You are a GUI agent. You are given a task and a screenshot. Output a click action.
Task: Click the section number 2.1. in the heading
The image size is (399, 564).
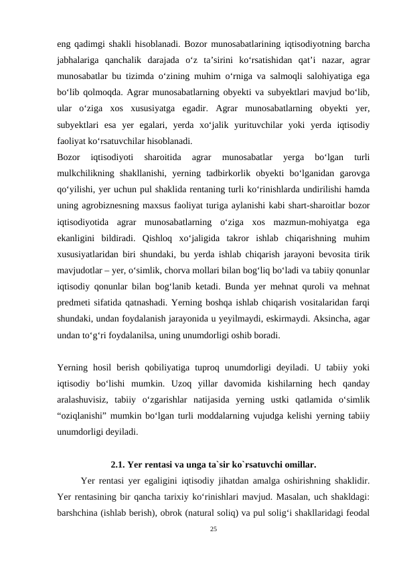pyautogui.click(x=120, y=464)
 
